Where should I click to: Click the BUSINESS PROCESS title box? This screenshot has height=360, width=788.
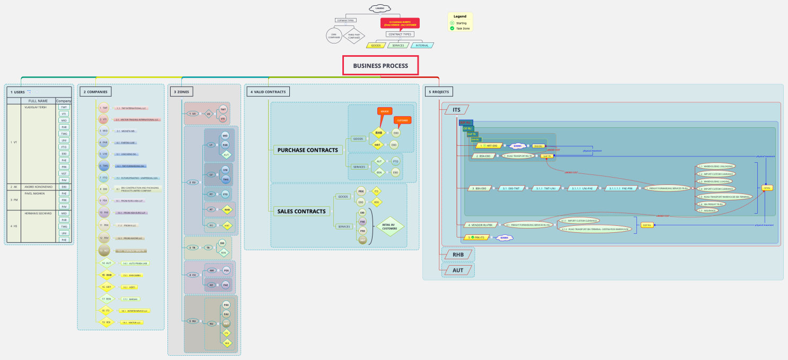pyautogui.click(x=380, y=66)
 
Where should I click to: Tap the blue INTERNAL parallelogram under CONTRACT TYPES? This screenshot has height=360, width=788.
pyautogui.click(x=422, y=46)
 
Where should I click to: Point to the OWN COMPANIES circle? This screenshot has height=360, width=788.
pyautogui.click(x=334, y=36)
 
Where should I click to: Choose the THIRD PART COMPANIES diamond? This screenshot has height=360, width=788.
pyautogui.click(x=354, y=36)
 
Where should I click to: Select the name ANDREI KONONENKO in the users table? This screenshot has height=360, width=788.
pyautogui.click(x=38, y=187)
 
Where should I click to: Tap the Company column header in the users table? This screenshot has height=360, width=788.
pyautogui.click(x=64, y=101)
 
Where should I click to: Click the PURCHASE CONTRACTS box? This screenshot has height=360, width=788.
pyautogui.click(x=307, y=150)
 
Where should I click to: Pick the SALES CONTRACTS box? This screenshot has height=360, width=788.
pyautogui.click(x=301, y=212)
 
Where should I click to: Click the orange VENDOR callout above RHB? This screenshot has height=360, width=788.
pyautogui.click(x=385, y=111)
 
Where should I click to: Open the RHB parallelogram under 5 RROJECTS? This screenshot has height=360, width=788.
pyautogui.click(x=458, y=254)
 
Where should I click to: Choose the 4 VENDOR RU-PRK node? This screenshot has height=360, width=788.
pyautogui.click(x=481, y=224)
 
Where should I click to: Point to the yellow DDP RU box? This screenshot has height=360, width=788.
pyautogui.click(x=647, y=225)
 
